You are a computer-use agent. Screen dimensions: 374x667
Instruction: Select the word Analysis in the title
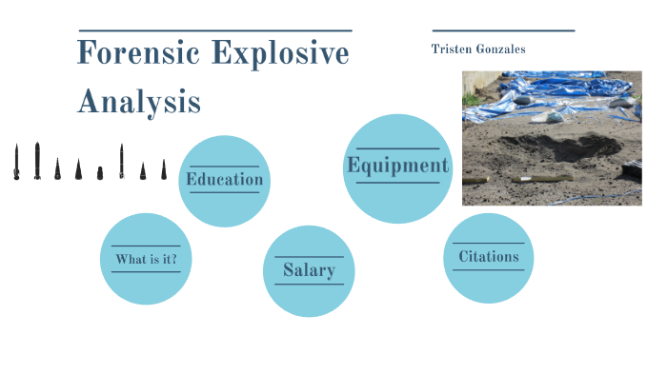point(139,100)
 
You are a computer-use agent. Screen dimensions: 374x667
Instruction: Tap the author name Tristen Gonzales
point(478,49)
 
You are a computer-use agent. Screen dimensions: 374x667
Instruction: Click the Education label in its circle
point(225,179)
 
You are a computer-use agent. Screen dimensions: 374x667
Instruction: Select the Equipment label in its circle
point(397,166)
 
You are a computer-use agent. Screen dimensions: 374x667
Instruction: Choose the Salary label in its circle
point(309,270)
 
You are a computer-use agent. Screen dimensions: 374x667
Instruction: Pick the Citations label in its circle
point(489,256)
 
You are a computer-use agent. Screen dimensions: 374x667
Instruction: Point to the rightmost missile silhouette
point(163,169)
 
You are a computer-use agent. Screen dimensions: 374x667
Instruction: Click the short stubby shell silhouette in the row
point(99,173)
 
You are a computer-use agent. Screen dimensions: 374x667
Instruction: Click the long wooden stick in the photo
point(541,178)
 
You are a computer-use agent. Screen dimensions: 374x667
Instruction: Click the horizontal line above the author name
point(503,30)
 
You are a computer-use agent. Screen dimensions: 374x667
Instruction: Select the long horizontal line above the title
point(214,30)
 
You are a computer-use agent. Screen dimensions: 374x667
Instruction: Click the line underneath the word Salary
point(309,285)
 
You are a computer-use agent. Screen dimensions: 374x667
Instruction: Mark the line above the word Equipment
point(397,148)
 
